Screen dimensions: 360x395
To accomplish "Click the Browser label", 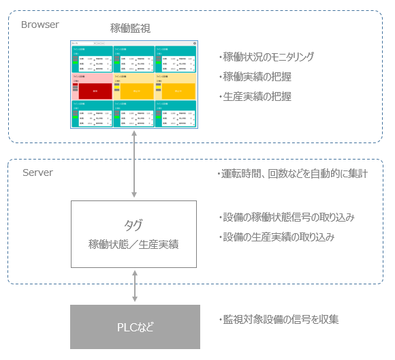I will pyautogui.click(x=39, y=25).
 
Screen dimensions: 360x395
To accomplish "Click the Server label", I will pyautogui.click(x=37, y=172).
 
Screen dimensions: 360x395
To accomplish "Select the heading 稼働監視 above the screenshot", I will pyautogui.click(x=130, y=29).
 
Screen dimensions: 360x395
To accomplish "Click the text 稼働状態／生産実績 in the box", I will pyautogui.click(x=133, y=244).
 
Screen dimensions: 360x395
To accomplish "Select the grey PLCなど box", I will pyautogui.click(x=135, y=327).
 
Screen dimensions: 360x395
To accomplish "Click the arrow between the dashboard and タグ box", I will pyautogui.click(x=134, y=164).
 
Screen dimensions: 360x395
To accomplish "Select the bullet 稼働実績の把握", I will pyautogui.click(x=254, y=77).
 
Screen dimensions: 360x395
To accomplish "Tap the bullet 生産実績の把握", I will pyautogui.click(x=254, y=97).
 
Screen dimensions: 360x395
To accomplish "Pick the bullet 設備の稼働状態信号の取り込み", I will pyautogui.click(x=285, y=217).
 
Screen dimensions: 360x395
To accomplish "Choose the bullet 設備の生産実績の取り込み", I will pyautogui.click(x=280, y=237).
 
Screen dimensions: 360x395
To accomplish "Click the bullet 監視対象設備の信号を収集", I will pyautogui.click(x=279, y=319).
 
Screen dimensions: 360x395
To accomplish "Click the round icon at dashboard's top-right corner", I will pyautogui.click(x=195, y=43).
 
